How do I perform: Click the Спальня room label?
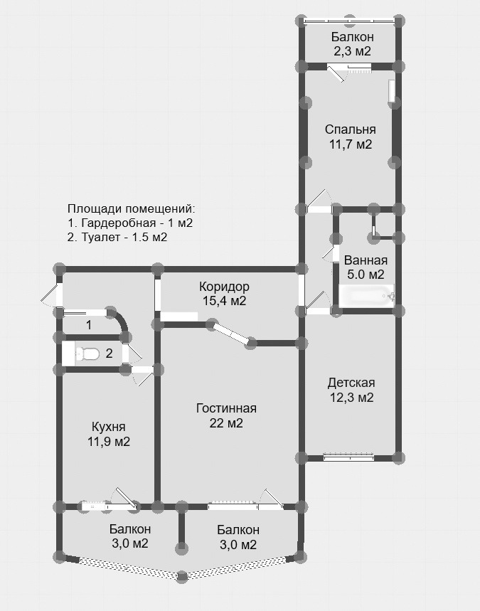coord(351,129)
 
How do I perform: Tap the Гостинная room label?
coord(226,408)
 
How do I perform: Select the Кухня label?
coord(108,427)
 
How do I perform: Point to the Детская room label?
coord(351,383)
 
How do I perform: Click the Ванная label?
coord(366,260)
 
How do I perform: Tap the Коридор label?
coord(224,287)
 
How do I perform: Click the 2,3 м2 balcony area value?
coord(351,51)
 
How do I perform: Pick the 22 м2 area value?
coord(226,423)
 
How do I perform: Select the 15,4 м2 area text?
coord(224,301)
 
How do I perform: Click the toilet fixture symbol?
coord(87,354)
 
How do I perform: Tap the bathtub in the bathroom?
coord(367,296)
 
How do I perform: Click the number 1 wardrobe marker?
coord(89,324)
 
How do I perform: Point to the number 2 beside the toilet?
coord(110,354)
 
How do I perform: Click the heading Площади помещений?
coord(131,209)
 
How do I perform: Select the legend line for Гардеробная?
coord(130,223)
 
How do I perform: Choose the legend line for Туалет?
coord(117,238)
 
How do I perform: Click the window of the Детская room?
coord(348,457)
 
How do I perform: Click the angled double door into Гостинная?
coord(231,332)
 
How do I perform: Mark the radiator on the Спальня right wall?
coord(392,92)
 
